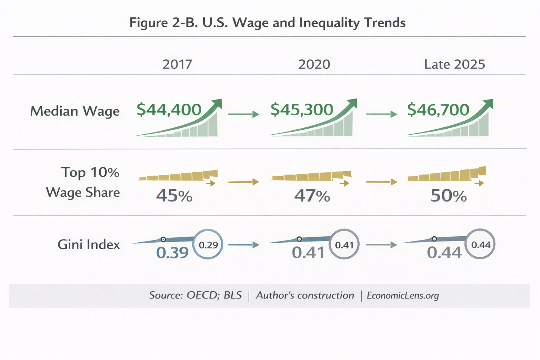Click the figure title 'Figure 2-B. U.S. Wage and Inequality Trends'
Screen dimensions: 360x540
point(267,22)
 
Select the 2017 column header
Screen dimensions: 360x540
point(177,64)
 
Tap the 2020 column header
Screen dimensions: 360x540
point(314,64)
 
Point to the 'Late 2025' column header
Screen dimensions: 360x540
point(454,64)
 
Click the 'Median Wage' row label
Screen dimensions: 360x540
point(75,111)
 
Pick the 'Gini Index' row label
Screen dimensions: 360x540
point(89,244)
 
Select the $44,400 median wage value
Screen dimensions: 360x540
point(169,110)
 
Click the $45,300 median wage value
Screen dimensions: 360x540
point(302,110)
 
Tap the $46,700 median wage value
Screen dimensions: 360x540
point(438,110)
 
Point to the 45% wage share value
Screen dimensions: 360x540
point(174,196)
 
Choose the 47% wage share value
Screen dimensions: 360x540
point(312,196)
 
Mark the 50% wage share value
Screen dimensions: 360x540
point(449,196)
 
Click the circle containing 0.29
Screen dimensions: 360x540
point(208,244)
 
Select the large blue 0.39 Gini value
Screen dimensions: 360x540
point(172,252)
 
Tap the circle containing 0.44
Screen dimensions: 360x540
point(480,244)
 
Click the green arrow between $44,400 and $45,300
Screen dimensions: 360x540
point(244,114)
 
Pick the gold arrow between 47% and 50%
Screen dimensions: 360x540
point(382,182)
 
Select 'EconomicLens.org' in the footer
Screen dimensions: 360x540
point(403,295)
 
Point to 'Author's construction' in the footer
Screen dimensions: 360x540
point(305,295)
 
